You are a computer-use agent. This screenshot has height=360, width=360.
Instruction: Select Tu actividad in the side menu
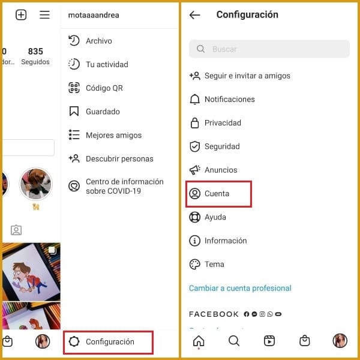click(106, 64)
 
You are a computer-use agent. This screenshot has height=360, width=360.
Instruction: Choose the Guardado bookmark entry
click(102, 112)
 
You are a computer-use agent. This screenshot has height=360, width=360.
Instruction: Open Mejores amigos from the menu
click(113, 135)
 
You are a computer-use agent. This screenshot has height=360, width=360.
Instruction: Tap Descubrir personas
click(119, 159)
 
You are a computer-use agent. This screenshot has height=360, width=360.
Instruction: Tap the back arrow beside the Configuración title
click(194, 15)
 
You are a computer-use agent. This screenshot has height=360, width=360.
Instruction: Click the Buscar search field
click(269, 49)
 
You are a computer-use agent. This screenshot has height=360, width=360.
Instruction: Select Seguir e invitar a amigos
click(247, 76)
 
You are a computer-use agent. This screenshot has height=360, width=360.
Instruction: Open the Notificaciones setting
click(229, 100)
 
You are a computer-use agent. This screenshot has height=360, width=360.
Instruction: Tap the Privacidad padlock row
click(222, 123)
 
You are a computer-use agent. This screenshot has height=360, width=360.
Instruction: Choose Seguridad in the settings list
click(221, 146)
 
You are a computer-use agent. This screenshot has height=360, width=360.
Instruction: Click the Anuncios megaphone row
click(220, 170)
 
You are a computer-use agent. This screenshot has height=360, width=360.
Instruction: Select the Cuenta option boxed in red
click(217, 194)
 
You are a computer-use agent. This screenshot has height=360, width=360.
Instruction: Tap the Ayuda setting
click(215, 217)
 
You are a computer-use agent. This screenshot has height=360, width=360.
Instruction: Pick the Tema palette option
click(214, 264)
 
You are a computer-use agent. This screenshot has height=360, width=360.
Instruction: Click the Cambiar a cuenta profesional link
click(240, 288)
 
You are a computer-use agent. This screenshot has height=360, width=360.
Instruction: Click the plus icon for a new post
click(21, 15)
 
